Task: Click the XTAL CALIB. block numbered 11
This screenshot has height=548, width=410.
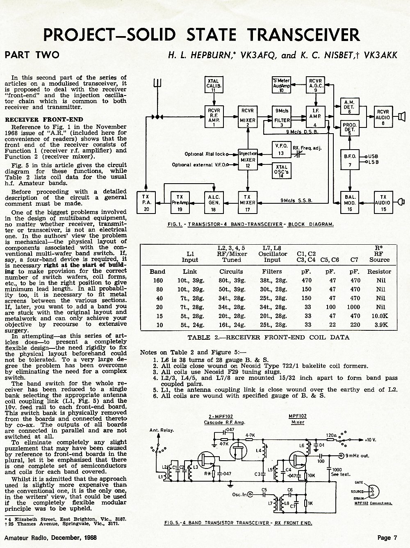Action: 214,84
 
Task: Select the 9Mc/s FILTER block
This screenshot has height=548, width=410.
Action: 282,117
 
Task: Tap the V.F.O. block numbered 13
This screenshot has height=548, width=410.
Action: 281,150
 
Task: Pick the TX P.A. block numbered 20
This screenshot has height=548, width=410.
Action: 146,202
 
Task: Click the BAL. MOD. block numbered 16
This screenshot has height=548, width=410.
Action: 350,202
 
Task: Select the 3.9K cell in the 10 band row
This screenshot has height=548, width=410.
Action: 380,325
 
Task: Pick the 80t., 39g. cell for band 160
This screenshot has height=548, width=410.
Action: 232,280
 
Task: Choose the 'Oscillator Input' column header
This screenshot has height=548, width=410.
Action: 272,257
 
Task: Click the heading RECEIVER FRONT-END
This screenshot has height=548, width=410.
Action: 44,120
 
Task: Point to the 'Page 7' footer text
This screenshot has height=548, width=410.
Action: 387,537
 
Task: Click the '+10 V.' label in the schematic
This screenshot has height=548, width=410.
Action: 370,440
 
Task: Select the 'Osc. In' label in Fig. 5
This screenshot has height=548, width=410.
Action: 239,494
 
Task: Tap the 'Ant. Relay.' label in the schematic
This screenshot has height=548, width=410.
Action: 162,430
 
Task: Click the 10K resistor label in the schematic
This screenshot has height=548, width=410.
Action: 311,475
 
